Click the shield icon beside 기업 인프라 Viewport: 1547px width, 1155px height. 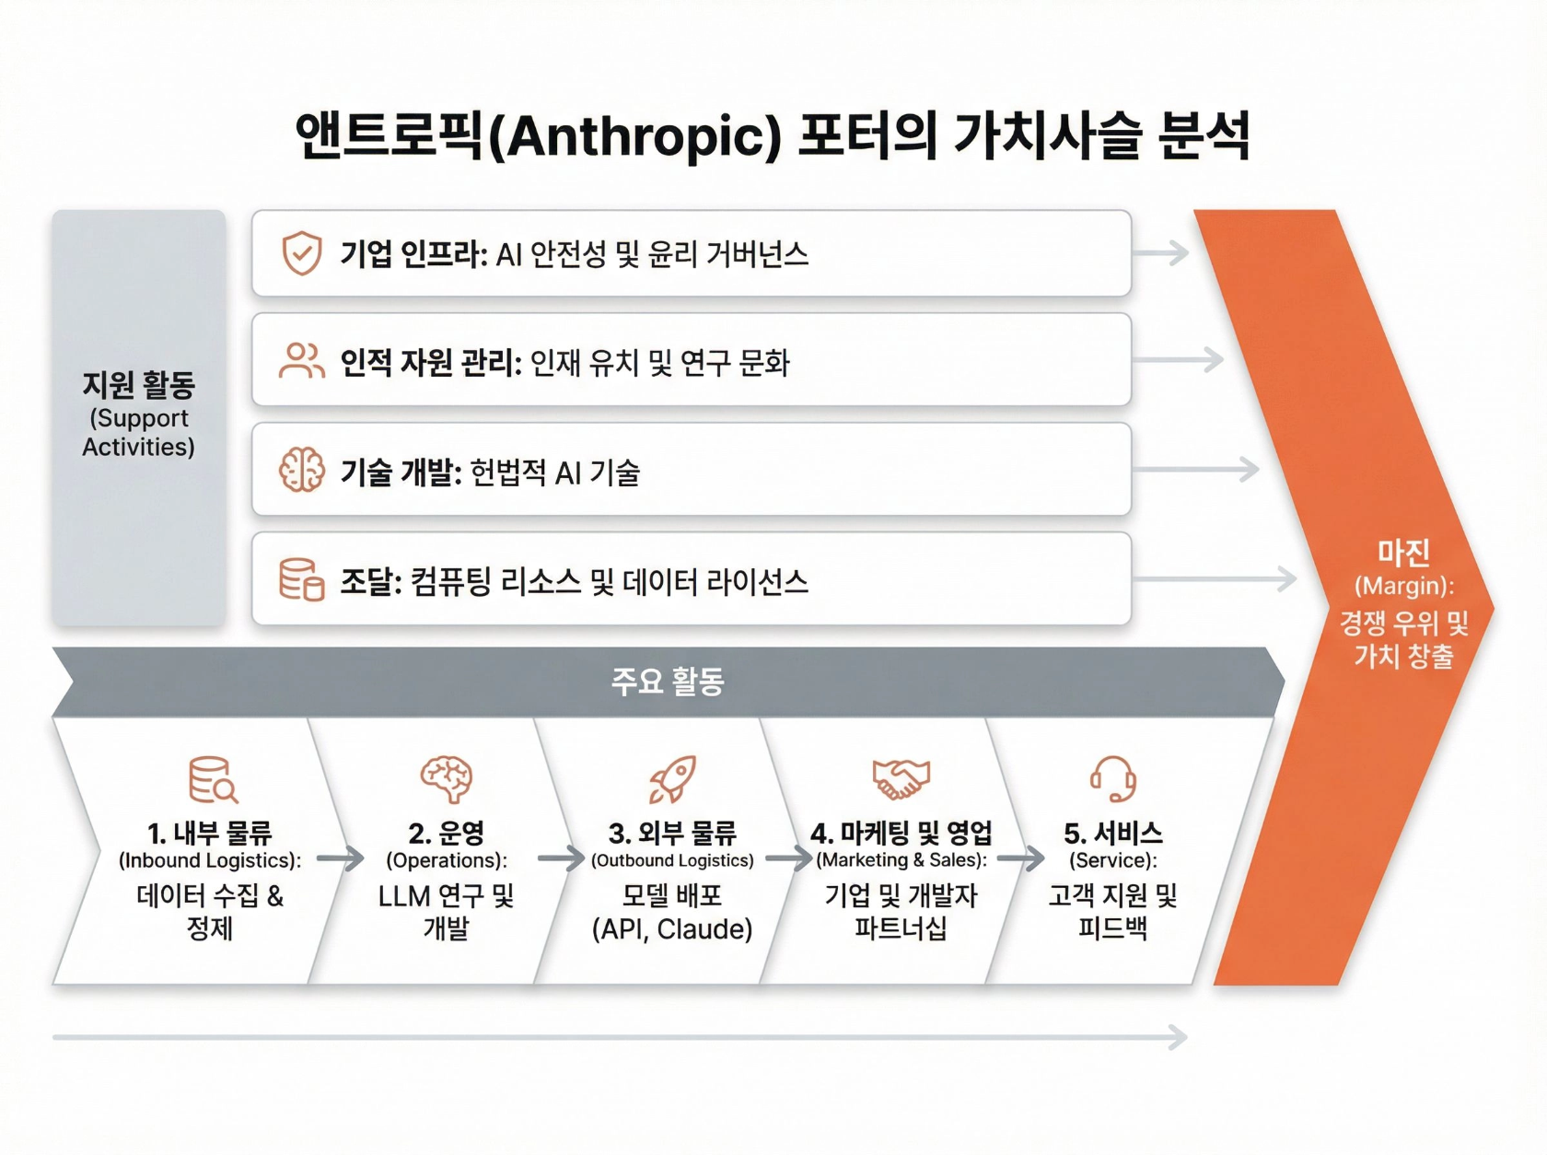[301, 253]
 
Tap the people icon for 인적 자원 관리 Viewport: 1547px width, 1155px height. [301, 361]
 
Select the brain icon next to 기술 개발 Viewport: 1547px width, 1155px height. [301, 471]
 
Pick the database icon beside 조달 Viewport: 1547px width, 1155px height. [301, 579]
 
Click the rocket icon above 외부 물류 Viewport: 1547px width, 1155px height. [672, 779]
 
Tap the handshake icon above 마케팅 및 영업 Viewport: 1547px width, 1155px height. [901, 779]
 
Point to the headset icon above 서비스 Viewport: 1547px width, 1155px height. [1112, 779]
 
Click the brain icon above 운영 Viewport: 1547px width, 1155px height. [447, 779]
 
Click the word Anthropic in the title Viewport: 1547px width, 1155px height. [635, 136]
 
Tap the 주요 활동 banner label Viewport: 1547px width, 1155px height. [668, 682]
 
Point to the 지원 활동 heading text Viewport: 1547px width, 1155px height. [138, 385]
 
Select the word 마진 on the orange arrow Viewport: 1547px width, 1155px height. [1403, 553]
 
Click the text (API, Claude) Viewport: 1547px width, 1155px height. [672, 928]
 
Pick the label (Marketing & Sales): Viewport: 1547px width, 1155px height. [901, 860]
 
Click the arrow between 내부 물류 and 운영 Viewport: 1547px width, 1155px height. [341, 859]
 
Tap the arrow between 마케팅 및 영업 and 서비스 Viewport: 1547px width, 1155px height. [1020, 859]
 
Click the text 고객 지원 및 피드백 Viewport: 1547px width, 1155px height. [1112, 912]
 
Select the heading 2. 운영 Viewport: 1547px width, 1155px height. [447, 834]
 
